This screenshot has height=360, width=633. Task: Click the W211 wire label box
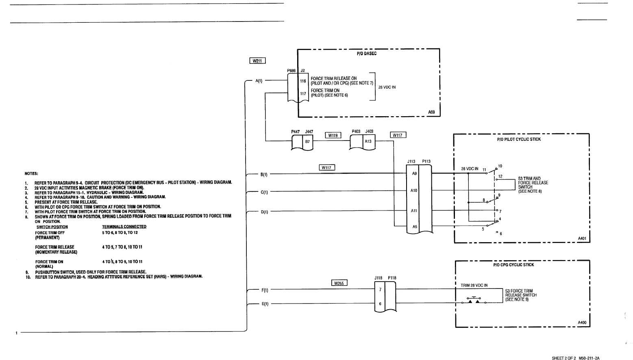pyautogui.click(x=257, y=61)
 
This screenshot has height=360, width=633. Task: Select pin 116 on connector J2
pyautogui.click(x=303, y=81)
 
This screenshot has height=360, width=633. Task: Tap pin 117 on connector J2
pyautogui.click(x=303, y=93)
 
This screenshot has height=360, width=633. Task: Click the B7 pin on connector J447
pyautogui.click(x=307, y=141)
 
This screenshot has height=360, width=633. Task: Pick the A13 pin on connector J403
pyautogui.click(x=368, y=141)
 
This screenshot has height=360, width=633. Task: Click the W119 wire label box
pyautogui.click(x=333, y=135)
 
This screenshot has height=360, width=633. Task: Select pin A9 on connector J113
pyautogui.click(x=414, y=173)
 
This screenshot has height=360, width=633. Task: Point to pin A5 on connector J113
pyautogui.click(x=415, y=226)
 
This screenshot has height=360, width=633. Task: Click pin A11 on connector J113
pyautogui.click(x=414, y=210)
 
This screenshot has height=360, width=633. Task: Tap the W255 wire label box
pyautogui.click(x=339, y=283)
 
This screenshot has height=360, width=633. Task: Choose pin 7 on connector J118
pyautogui.click(x=380, y=289)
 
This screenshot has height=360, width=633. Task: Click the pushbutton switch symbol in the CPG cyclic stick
pyautogui.click(x=474, y=300)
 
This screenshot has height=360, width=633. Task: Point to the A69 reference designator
pyautogui.click(x=431, y=112)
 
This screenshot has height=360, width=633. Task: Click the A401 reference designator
pyautogui.click(x=582, y=238)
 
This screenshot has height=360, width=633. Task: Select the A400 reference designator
pyautogui.click(x=582, y=323)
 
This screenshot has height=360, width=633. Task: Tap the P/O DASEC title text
pyautogui.click(x=367, y=54)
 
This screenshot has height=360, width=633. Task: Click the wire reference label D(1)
pyautogui.click(x=264, y=212)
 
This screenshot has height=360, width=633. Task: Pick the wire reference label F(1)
pyautogui.click(x=265, y=290)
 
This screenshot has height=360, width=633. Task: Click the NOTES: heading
pyautogui.click(x=31, y=173)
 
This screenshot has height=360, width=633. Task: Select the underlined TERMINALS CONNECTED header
pyautogui.click(x=124, y=226)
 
